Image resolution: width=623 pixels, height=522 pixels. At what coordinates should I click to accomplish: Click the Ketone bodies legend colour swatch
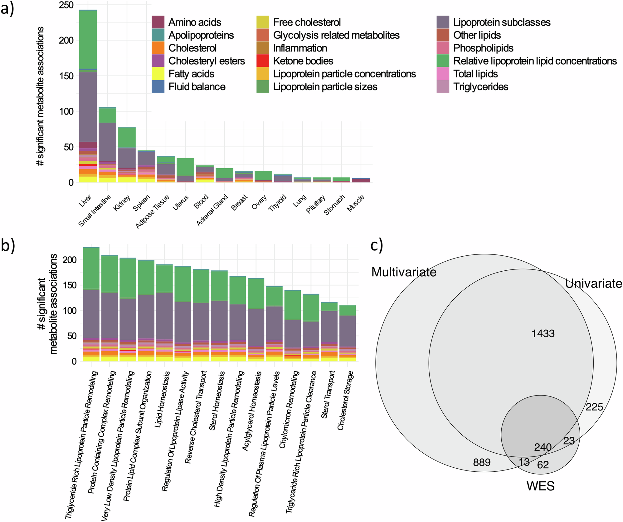tap(263, 61)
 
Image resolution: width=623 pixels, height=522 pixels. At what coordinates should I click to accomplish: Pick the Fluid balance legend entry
tap(197, 87)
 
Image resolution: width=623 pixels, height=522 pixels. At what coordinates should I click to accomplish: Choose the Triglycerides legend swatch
tap(443, 87)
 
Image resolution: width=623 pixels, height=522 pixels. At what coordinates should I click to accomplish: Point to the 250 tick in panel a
tap(66, 5)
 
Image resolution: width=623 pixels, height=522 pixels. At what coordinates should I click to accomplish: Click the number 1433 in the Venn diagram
tap(543, 334)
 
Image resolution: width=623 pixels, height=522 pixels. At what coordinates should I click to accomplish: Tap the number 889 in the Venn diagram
tap(482, 462)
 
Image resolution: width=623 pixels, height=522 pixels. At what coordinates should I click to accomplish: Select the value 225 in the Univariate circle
tap(594, 407)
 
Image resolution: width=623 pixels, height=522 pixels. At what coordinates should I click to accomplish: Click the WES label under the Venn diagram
tap(540, 486)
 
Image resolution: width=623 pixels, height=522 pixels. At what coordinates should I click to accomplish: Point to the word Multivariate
tap(404, 272)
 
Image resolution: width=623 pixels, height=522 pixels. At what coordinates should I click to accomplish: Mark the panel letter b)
tap(8, 245)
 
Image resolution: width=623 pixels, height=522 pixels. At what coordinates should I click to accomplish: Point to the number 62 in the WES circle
tap(543, 465)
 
